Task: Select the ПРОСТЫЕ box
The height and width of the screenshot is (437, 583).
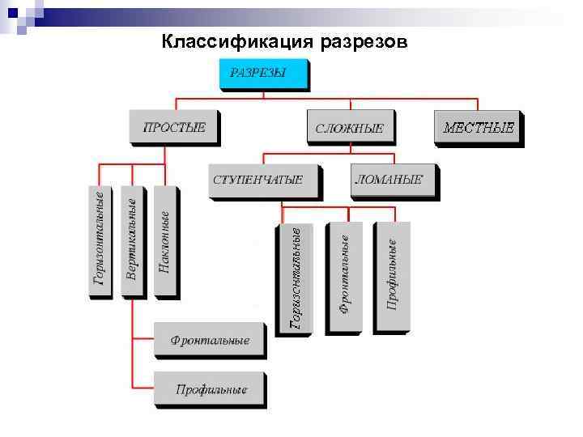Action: (x=174, y=127)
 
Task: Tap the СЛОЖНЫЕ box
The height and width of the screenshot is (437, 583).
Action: (x=349, y=128)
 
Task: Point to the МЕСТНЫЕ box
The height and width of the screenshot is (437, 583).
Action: (x=477, y=127)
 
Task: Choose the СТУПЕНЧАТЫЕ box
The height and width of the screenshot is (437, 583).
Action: (x=263, y=180)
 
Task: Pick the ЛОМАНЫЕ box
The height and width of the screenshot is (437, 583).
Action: (x=394, y=180)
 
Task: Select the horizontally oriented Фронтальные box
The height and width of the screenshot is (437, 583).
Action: (x=209, y=340)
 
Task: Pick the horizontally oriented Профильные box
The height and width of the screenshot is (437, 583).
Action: (x=209, y=389)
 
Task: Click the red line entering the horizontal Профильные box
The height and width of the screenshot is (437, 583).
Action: (x=143, y=389)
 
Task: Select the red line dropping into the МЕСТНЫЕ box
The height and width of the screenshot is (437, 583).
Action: (x=477, y=104)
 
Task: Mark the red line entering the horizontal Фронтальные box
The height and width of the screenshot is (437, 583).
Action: (x=143, y=339)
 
